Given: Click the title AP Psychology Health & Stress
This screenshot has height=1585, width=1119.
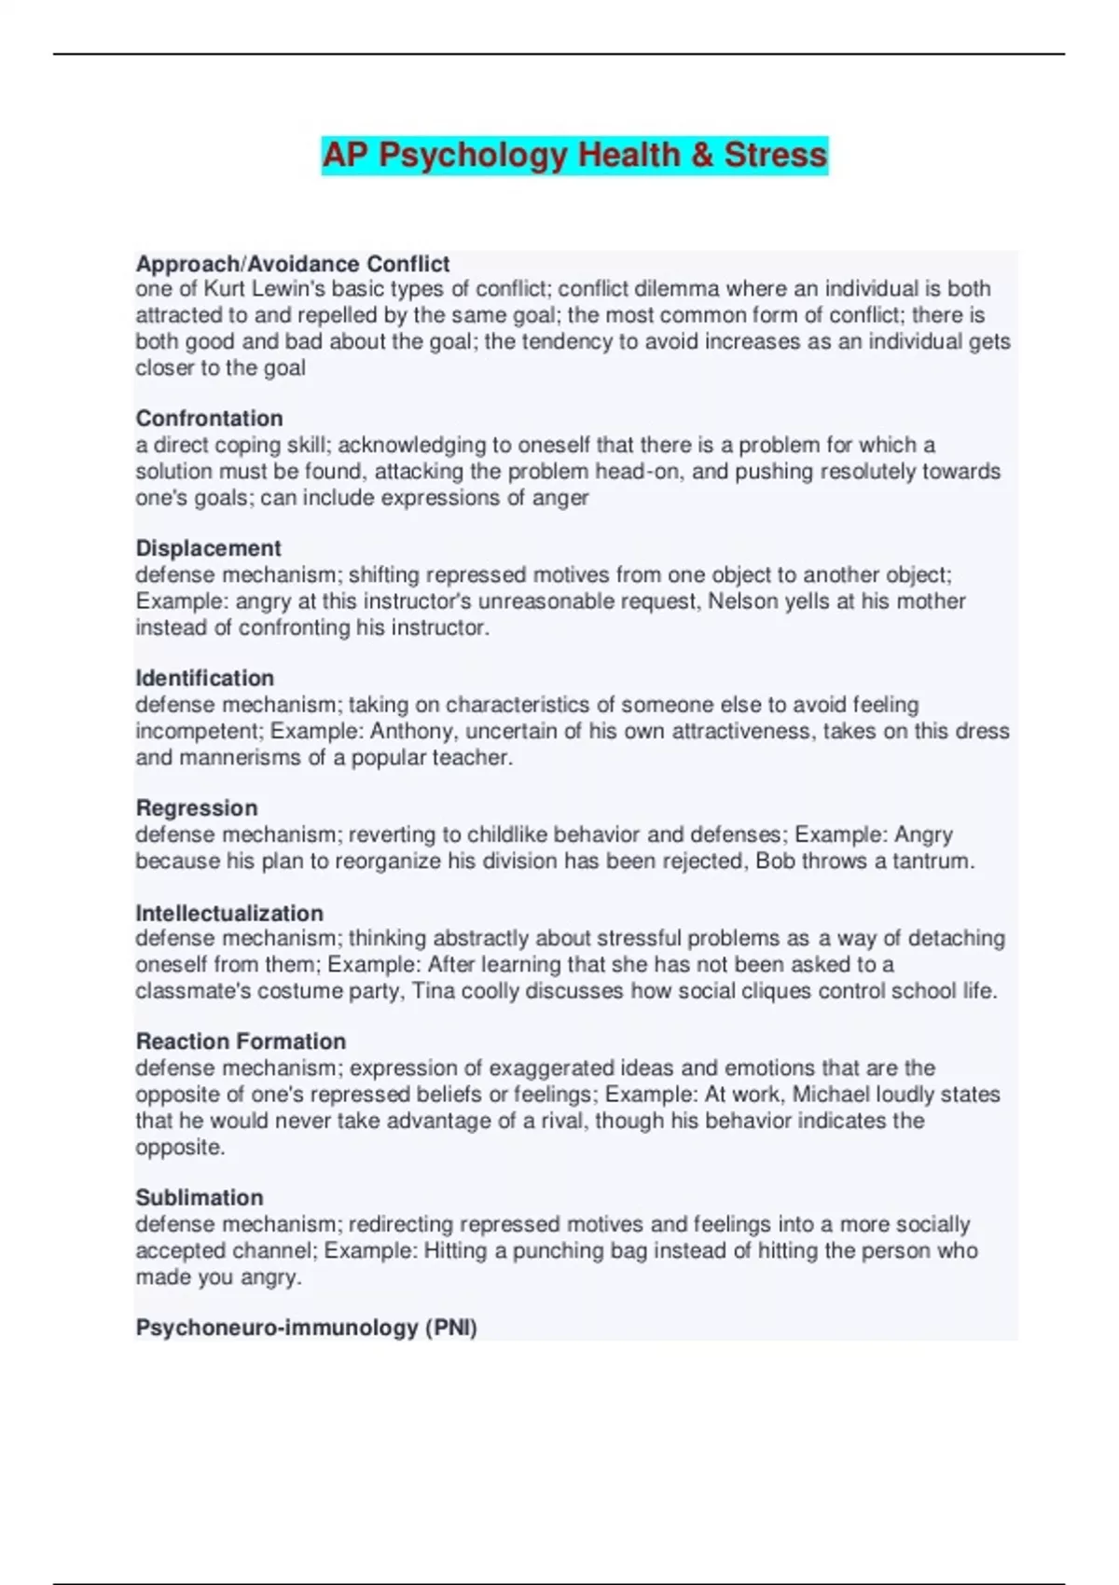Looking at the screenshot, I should [x=574, y=155].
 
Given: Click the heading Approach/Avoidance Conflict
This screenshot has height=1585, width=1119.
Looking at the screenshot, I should [x=293, y=264].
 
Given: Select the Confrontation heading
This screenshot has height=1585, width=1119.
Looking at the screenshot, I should [x=209, y=419].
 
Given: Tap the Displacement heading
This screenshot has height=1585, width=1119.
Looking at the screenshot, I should [x=208, y=548].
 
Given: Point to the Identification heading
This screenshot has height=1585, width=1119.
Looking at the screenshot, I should [x=205, y=678].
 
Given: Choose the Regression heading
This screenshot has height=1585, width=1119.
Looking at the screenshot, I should [x=197, y=807].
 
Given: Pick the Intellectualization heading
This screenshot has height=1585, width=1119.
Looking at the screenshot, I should [x=229, y=913].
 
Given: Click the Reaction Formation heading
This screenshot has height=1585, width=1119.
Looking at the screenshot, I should [x=241, y=1041].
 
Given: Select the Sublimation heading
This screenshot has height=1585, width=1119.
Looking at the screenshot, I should [x=200, y=1197].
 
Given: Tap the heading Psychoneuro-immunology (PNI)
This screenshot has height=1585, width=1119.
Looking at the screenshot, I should [x=306, y=1328].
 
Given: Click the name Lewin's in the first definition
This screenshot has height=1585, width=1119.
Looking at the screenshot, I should [x=285, y=289].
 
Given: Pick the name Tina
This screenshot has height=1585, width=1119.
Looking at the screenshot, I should [x=434, y=991].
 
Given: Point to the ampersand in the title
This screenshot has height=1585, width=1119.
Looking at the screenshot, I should [x=702, y=155].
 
